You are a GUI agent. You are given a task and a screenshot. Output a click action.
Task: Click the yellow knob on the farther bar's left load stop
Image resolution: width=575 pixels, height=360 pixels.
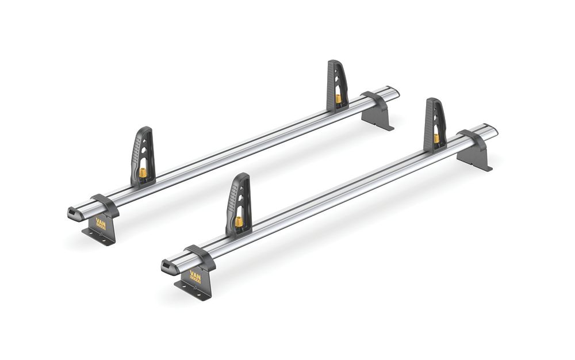tap(143, 173)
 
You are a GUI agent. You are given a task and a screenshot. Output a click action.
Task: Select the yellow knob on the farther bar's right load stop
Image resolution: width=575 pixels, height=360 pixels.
tap(338, 99)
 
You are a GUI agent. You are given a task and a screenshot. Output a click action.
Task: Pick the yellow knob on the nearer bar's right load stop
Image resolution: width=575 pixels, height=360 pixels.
tap(436, 139)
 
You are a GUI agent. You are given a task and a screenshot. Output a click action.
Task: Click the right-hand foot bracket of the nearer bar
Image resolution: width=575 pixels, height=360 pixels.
tap(474, 152)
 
